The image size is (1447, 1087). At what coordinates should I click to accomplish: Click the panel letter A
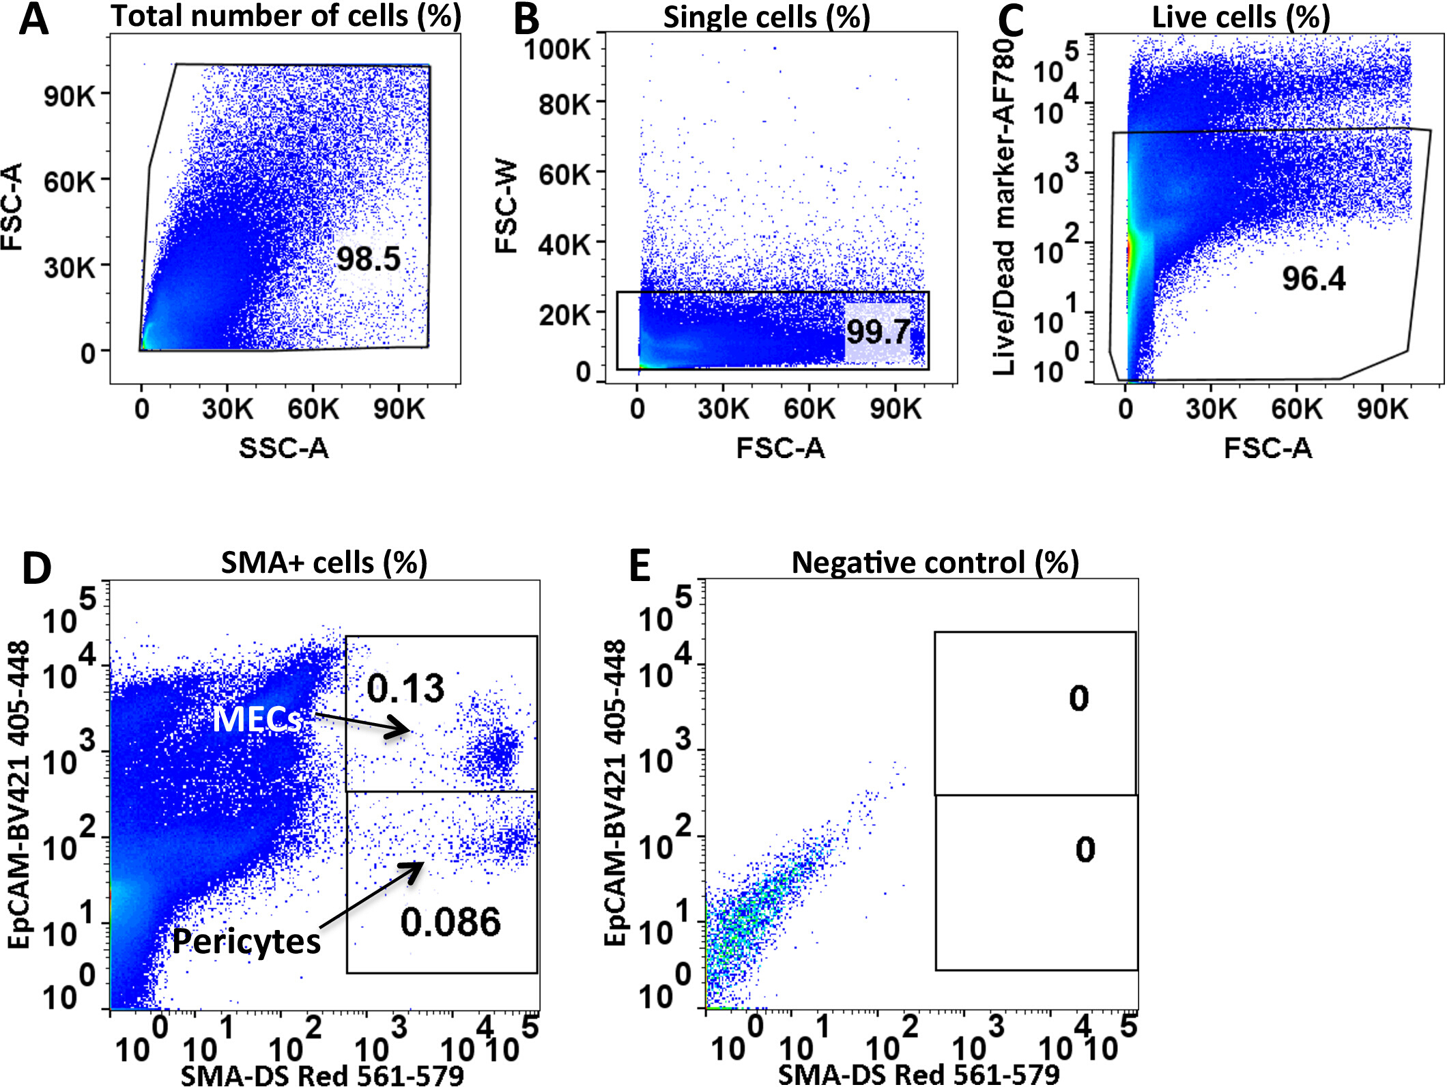point(34,20)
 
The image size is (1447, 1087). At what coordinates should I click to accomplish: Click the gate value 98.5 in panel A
point(368,259)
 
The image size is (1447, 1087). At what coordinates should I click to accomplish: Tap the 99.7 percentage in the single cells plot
point(878,332)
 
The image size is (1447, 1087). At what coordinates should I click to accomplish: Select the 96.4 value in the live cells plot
point(1313,279)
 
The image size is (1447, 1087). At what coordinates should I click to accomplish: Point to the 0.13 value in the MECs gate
point(405,688)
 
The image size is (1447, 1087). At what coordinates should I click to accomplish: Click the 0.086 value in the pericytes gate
point(450,922)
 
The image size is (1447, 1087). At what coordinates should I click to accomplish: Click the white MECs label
point(257,719)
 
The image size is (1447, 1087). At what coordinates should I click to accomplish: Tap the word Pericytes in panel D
point(246,942)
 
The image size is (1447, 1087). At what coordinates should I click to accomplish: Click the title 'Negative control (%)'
point(935,563)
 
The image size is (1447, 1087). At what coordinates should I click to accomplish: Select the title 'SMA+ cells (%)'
point(324,563)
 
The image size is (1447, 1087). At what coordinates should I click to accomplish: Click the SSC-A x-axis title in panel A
point(284,449)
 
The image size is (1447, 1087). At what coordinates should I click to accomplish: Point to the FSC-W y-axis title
point(507,208)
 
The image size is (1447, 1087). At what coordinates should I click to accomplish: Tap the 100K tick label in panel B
point(557,49)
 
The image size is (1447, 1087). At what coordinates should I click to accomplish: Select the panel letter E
point(640,567)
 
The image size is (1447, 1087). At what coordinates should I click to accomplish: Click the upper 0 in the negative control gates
point(1078,698)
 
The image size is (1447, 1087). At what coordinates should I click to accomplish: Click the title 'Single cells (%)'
point(767,18)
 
